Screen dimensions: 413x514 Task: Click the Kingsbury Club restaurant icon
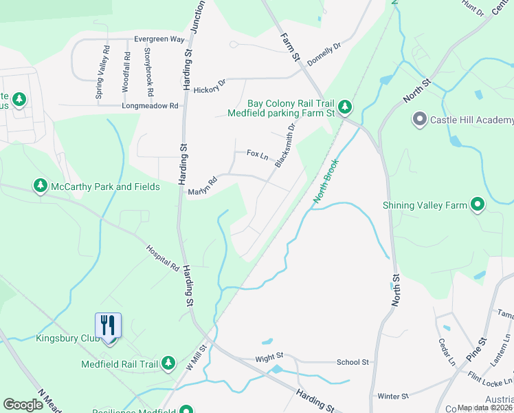point(108,324)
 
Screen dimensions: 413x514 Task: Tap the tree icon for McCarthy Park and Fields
point(41,187)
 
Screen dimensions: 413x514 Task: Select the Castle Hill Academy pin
point(419,120)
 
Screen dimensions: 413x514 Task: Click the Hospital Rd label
point(162,257)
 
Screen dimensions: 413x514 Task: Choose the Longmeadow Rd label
point(150,106)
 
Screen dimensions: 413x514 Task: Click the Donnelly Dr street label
point(324,54)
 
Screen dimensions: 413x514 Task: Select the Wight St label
point(269,357)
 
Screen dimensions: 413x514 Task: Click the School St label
point(353,362)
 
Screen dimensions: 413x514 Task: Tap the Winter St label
point(393,396)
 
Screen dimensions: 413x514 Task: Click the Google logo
point(23,405)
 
